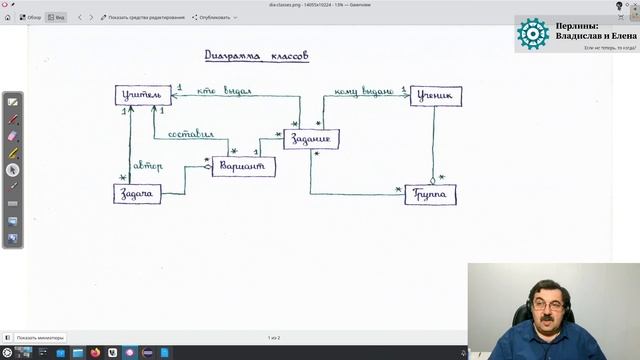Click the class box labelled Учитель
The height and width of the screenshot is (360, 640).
click(137, 96)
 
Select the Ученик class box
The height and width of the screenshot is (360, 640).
click(435, 96)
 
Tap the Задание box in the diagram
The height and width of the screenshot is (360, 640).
click(311, 139)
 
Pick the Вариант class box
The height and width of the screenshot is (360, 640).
click(243, 166)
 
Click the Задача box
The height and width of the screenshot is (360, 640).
click(137, 194)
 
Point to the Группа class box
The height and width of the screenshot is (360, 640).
click(430, 194)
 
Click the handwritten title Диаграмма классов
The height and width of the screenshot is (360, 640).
click(256, 56)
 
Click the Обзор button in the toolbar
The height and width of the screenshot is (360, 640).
click(29, 17)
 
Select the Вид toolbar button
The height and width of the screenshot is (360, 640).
click(56, 17)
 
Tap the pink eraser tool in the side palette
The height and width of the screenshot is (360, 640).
click(13, 135)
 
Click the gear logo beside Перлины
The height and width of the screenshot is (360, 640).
click(532, 34)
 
